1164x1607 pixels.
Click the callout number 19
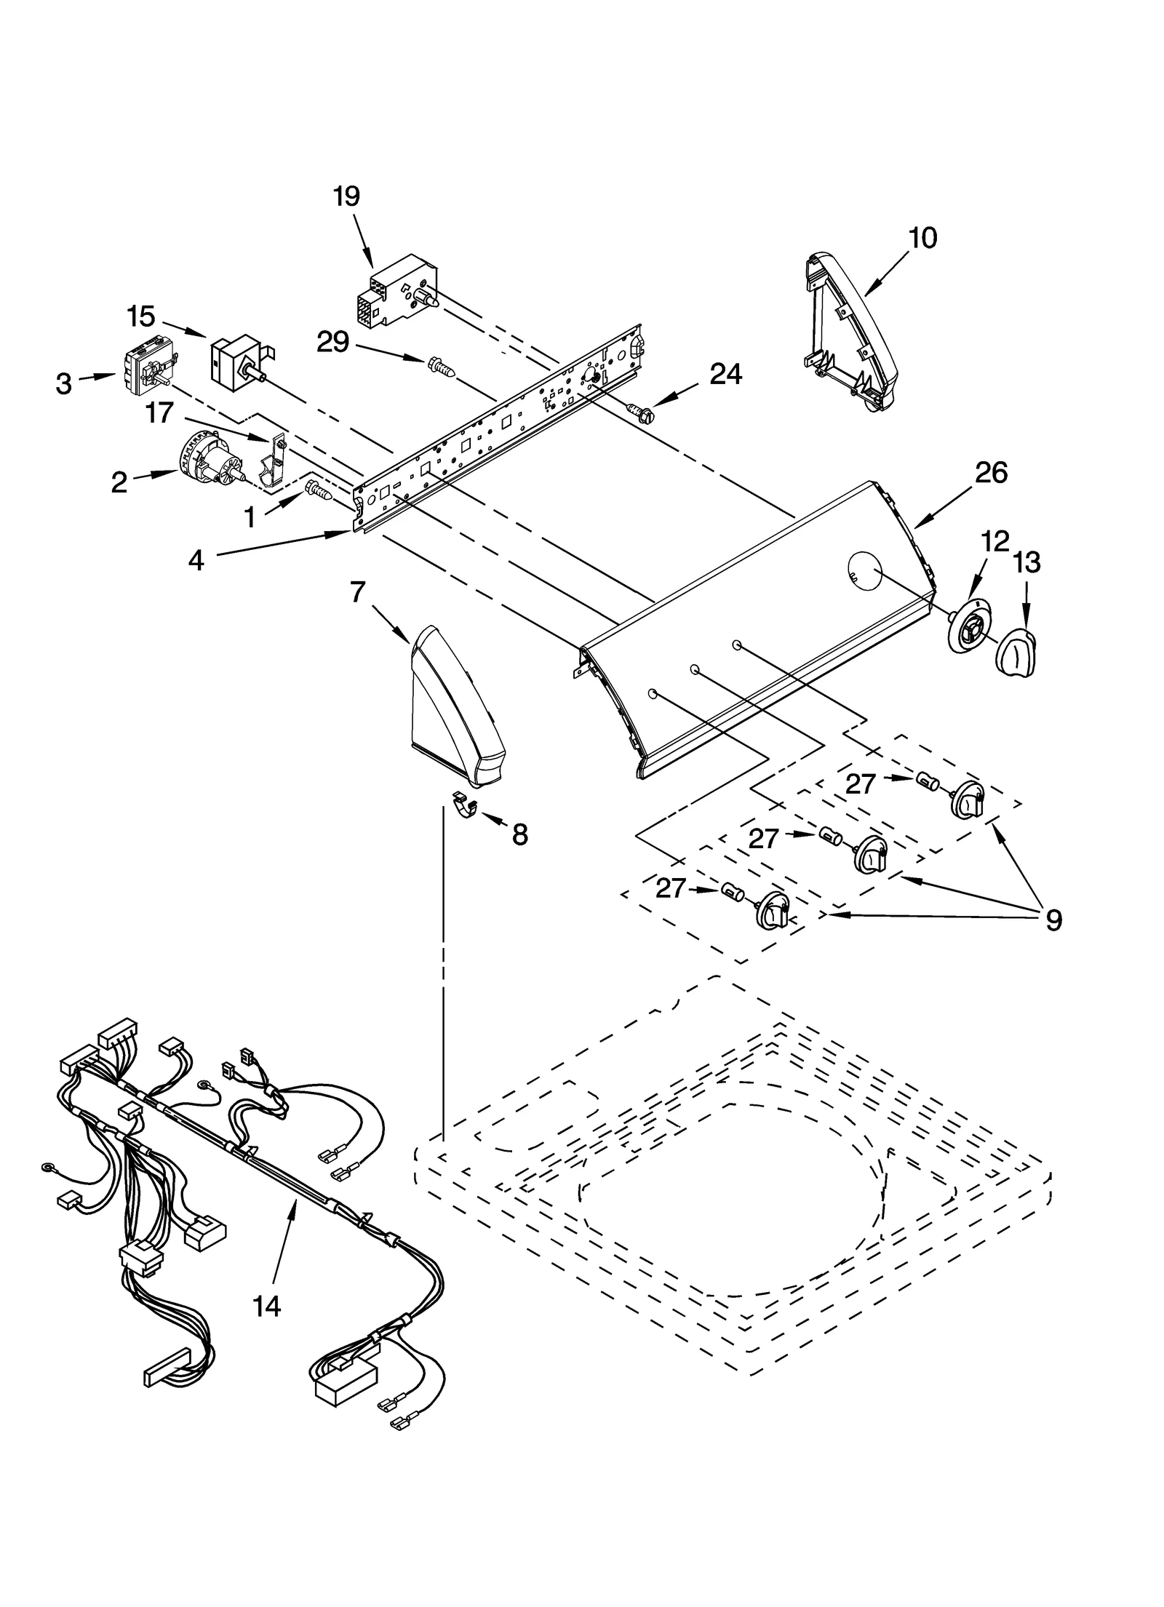click(346, 196)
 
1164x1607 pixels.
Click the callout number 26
click(991, 473)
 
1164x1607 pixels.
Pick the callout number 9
click(1053, 921)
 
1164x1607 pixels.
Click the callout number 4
click(196, 561)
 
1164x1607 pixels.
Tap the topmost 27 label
click(860, 783)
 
